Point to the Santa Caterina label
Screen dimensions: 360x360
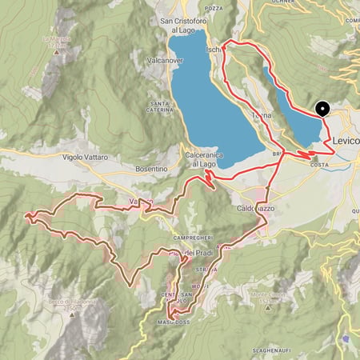point(160,106)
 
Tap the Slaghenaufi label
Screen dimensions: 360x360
point(283,349)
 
